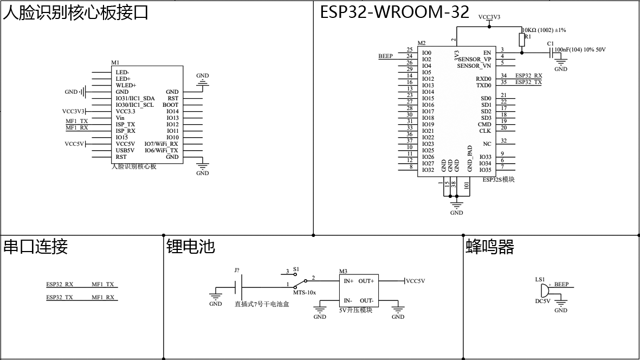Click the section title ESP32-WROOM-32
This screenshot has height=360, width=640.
tap(394, 12)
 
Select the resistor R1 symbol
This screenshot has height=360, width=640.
tap(521, 40)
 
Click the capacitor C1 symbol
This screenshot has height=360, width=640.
tap(552, 53)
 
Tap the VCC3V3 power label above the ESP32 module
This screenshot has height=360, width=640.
tap(489, 17)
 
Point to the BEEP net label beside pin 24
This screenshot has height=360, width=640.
tap(385, 56)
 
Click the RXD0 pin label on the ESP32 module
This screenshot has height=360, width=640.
tap(484, 79)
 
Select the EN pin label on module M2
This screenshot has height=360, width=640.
tap(487, 53)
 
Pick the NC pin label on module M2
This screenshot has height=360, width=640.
tap(487, 144)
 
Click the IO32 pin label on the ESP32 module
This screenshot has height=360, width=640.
tap(428, 170)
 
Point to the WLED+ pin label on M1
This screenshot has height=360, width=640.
tap(126, 86)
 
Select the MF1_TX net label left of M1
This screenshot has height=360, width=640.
tap(76, 121)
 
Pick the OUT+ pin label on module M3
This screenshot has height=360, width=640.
tap(366, 281)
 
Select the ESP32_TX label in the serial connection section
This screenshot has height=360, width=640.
tap(60, 298)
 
